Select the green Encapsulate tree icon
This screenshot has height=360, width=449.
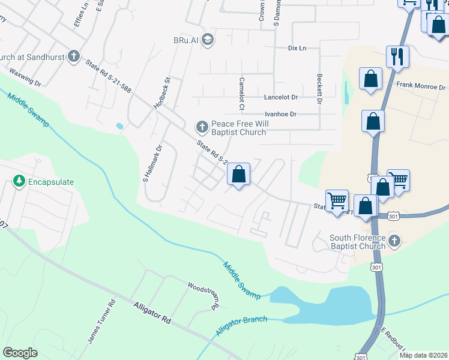tap(19, 181)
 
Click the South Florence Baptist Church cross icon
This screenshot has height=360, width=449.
tap(394, 241)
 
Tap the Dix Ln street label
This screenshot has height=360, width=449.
tap(297, 48)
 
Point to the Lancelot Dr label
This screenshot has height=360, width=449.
tap(281, 97)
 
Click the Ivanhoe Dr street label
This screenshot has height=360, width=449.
tap(280, 114)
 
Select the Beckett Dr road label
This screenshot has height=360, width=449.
tap(319, 88)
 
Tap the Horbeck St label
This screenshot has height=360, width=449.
tap(161, 92)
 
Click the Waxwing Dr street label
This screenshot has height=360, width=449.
tap(25, 78)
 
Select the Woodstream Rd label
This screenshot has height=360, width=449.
tap(202, 295)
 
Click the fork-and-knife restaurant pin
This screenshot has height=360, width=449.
tap(397, 56)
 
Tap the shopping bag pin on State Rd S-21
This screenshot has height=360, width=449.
tap(238, 175)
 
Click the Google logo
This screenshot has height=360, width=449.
tap(20, 353)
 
